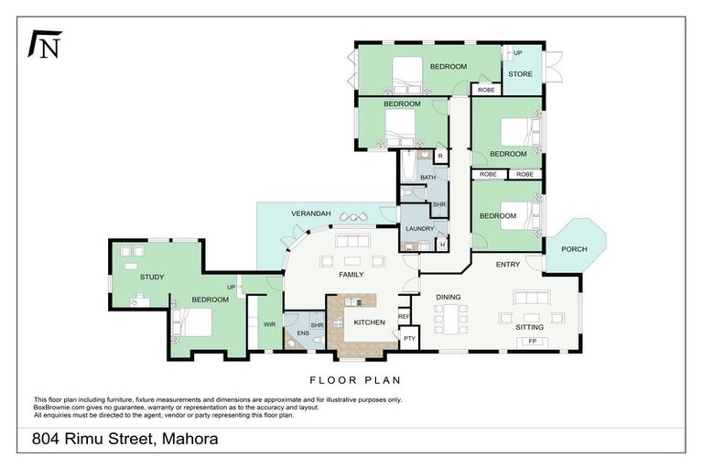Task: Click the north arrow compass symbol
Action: tap(45, 44)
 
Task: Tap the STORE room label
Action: tap(520, 74)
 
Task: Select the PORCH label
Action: tap(574, 249)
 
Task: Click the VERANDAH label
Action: tap(309, 213)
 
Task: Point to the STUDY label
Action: tap(152, 276)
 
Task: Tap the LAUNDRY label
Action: tap(419, 228)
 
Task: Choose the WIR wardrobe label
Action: tap(269, 324)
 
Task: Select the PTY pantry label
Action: tap(408, 338)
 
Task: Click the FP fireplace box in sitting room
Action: tap(532, 342)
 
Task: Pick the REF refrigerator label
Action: tap(404, 316)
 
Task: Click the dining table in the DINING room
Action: tap(450, 320)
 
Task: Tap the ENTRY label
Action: tap(508, 265)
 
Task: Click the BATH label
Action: tap(427, 177)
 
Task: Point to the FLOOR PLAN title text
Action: tap(354, 379)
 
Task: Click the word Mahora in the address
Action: tap(189, 439)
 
